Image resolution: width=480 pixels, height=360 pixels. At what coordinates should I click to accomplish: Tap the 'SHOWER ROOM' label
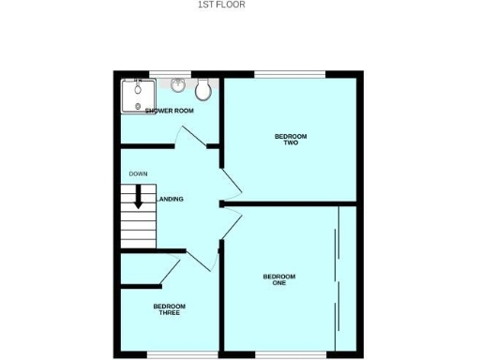point(170,111)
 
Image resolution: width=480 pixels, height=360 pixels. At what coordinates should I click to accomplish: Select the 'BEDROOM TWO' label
point(291,140)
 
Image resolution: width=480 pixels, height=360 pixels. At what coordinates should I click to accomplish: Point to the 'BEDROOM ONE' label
point(279,279)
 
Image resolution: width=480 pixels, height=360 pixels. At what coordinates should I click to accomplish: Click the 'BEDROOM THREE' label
point(170,309)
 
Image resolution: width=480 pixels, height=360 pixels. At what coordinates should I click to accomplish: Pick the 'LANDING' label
point(171,199)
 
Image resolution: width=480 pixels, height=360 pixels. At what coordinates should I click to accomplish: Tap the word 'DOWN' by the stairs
point(138,174)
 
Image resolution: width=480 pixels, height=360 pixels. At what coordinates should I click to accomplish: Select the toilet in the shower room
point(202,90)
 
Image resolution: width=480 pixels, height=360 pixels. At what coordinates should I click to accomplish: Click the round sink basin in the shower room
point(178,84)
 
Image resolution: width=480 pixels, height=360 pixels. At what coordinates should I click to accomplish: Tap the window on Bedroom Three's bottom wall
point(170,354)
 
